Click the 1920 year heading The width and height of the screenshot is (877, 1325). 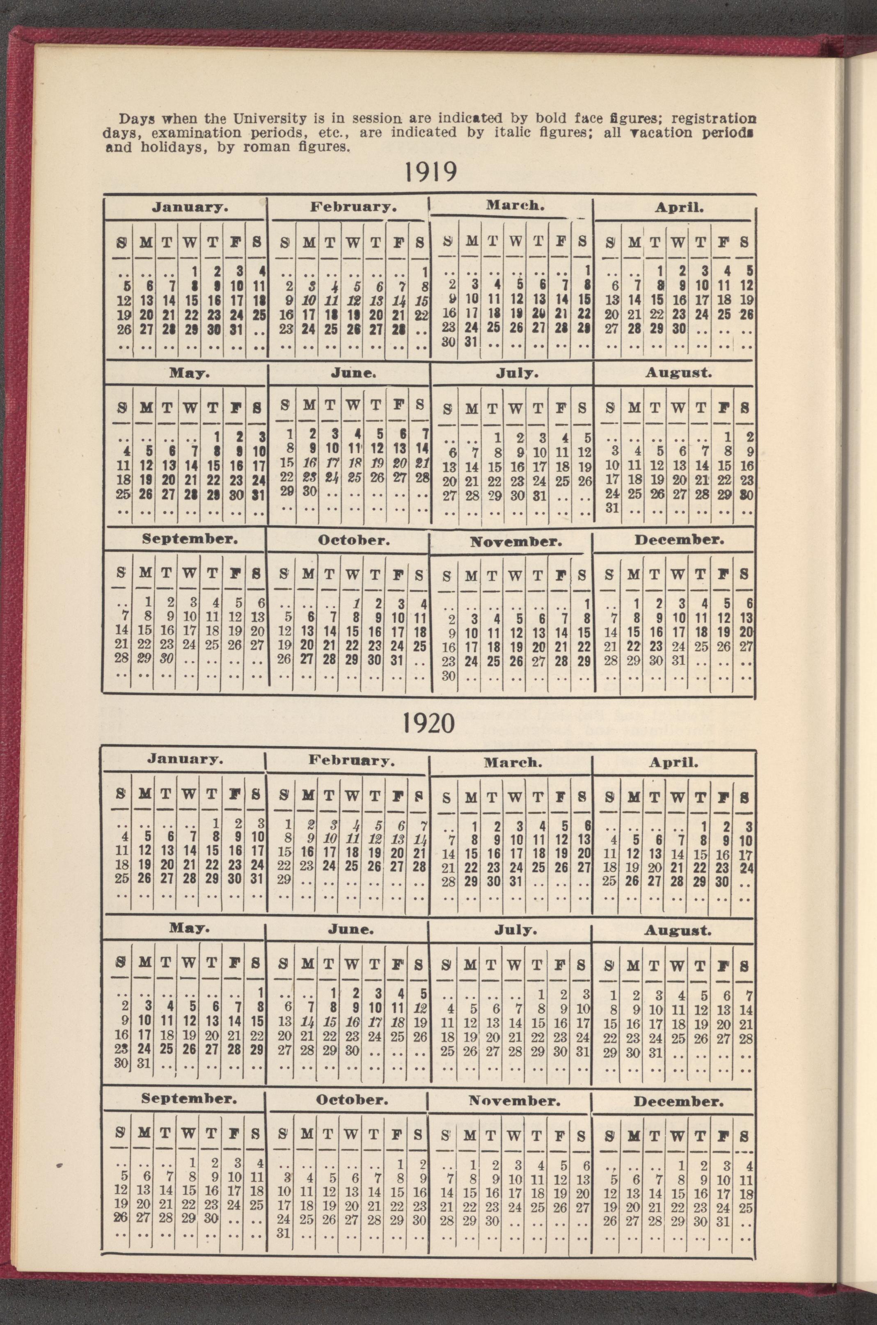[x=428, y=724]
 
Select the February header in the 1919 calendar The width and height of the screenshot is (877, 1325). [x=353, y=207]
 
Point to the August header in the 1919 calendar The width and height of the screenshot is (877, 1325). [x=678, y=373]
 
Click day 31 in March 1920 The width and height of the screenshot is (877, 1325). [x=516, y=882]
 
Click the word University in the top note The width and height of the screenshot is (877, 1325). [x=263, y=119]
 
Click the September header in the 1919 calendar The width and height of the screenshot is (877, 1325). [x=190, y=539]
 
